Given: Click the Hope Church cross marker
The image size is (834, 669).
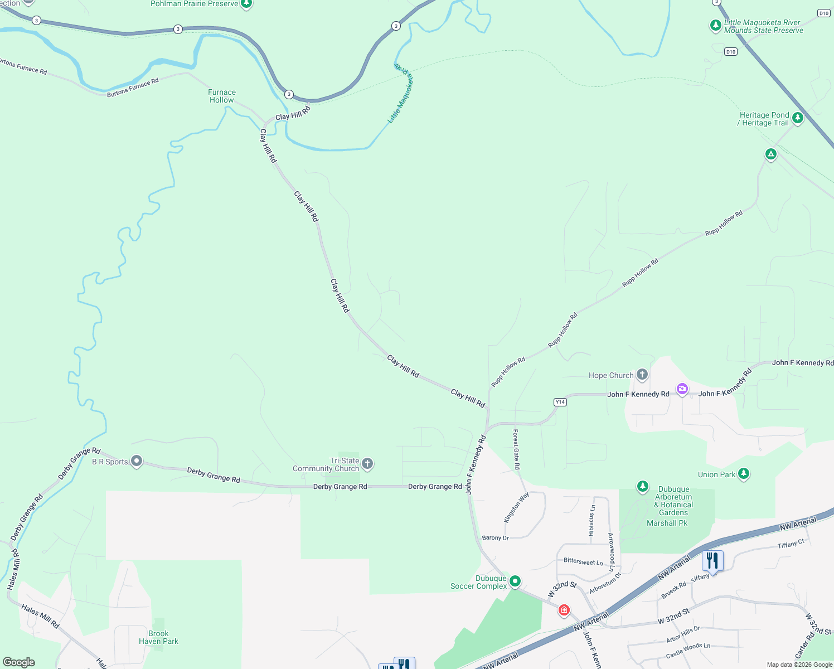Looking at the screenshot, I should pyautogui.click(x=642, y=375).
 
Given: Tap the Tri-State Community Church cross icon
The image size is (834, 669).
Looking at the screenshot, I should pyautogui.click(x=367, y=463).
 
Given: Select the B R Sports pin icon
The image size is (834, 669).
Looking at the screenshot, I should pyautogui.click(x=137, y=461).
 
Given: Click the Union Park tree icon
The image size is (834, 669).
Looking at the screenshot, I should pyautogui.click(x=743, y=474).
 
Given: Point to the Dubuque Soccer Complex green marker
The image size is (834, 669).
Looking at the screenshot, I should pyautogui.click(x=515, y=581).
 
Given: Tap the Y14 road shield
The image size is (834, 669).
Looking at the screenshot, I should pyautogui.click(x=560, y=402).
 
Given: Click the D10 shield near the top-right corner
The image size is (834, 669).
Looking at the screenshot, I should pyautogui.click(x=824, y=13).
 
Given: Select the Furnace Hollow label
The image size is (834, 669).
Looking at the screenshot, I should pyautogui.click(x=222, y=96).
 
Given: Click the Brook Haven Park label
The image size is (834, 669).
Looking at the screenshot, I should pyautogui.click(x=158, y=637).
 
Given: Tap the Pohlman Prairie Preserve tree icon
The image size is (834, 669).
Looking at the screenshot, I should pyautogui.click(x=246, y=4).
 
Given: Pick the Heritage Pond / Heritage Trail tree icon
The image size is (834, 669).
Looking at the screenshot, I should pyautogui.click(x=798, y=118).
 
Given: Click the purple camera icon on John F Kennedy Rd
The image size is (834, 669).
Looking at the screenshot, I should pyautogui.click(x=682, y=389).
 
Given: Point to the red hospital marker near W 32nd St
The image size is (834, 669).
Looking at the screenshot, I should pyautogui.click(x=564, y=610).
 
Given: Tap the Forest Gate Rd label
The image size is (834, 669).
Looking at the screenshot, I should pyautogui.click(x=516, y=449).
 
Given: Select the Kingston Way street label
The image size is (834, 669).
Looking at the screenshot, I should pyautogui.click(x=516, y=507).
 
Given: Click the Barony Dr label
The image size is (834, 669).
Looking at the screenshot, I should pyautogui.click(x=495, y=538).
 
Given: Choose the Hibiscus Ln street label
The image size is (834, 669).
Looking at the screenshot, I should pyautogui.click(x=592, y=520).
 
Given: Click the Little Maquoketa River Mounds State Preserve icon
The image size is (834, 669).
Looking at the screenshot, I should pyautogui.click(x=716, y=26).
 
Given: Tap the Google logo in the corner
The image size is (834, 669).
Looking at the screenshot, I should pyautogui.click(x=19, y=662).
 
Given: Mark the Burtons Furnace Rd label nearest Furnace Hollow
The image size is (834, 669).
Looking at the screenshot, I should pyautogui.click(x=133, y=88).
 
